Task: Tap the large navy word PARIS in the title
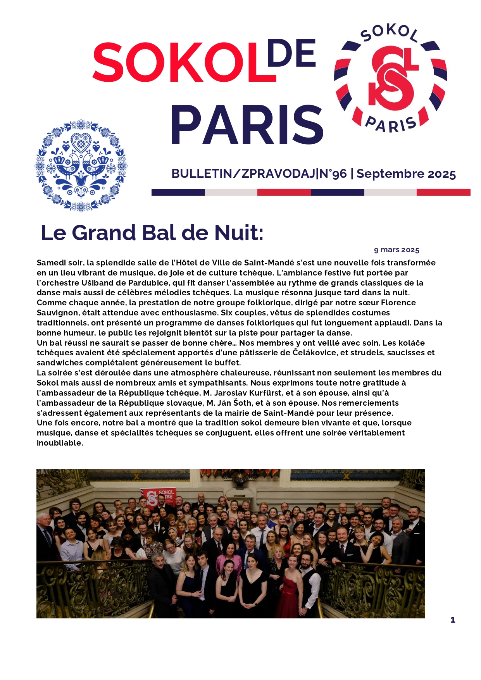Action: (247, 126)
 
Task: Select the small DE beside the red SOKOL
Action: (291, 53)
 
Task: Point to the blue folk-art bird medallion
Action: (81, 165)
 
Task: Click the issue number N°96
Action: (333, 174)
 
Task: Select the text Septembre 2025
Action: (406, 174)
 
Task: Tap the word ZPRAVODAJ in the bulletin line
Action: (278, 174)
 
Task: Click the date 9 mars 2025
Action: (397, 250)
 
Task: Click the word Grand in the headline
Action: (104, 233)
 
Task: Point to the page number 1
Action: (453, 620)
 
